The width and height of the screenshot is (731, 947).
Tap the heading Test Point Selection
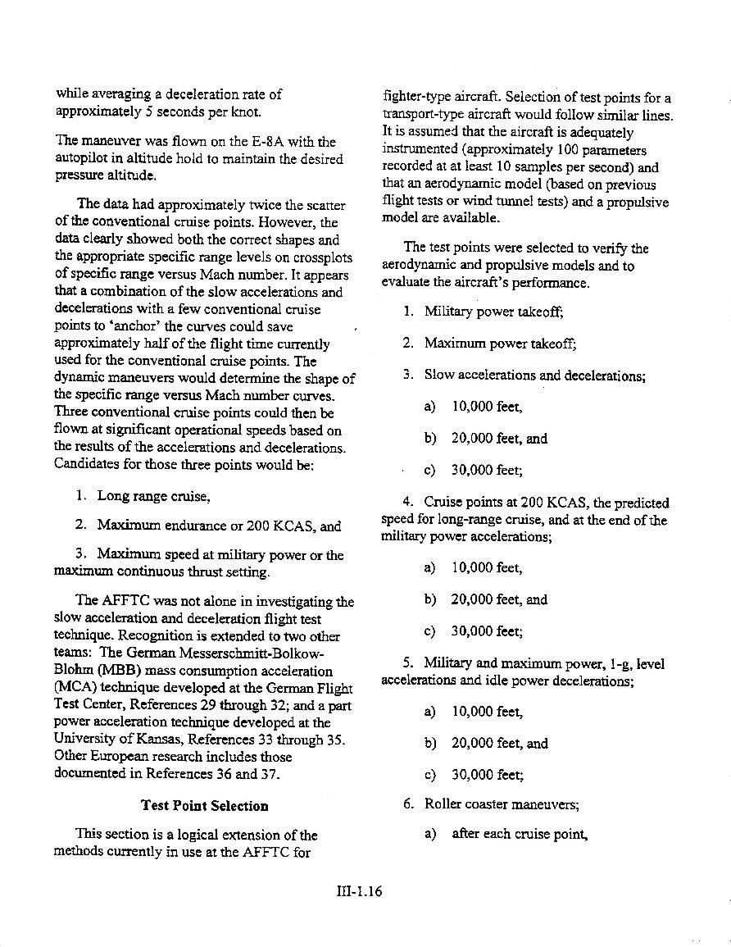click(x=205, y=805)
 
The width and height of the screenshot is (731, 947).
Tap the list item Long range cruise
click(x=154, y=496)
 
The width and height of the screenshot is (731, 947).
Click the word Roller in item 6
click(x=443, y=804)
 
